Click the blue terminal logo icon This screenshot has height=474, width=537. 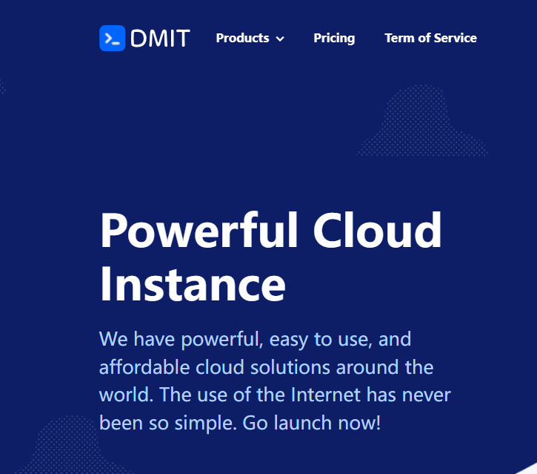(x=112, y=39)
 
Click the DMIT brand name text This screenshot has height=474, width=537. (x=160, y=39)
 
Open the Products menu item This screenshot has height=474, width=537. (x=242, y=38)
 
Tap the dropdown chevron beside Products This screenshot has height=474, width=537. (x=280, y=39)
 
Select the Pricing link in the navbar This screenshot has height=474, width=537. (x=334, y=38)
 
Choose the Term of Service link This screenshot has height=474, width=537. (x=430, y=38)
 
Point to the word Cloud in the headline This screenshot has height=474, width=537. (x=377, y=231)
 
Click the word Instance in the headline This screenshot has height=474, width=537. (x=193, y=284)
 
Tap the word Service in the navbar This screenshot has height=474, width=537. (x=455, y=38)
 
